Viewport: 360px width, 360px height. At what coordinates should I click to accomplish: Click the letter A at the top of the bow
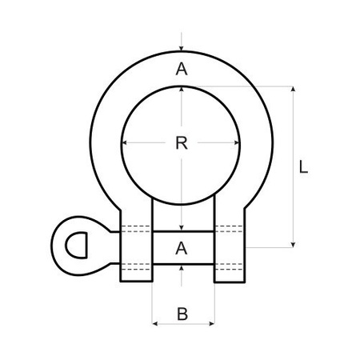point(182,70)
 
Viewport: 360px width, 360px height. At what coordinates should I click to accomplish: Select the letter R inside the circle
point(182,144)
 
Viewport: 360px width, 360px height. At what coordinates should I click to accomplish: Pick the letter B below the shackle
point(182,314)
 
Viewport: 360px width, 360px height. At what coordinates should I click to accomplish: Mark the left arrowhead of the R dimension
point(125,144)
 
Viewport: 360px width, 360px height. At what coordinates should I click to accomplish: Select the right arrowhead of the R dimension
point(238,144)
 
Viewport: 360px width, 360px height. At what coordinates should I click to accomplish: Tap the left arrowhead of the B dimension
point(154,324)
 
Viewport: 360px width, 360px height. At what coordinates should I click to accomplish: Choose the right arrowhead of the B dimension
point(212,324)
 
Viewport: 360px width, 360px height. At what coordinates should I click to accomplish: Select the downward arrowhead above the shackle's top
point(183,49)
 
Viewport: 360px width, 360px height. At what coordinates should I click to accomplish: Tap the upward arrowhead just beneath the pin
point(183,267)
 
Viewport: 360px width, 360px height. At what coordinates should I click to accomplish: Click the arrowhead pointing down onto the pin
point(183,228)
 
